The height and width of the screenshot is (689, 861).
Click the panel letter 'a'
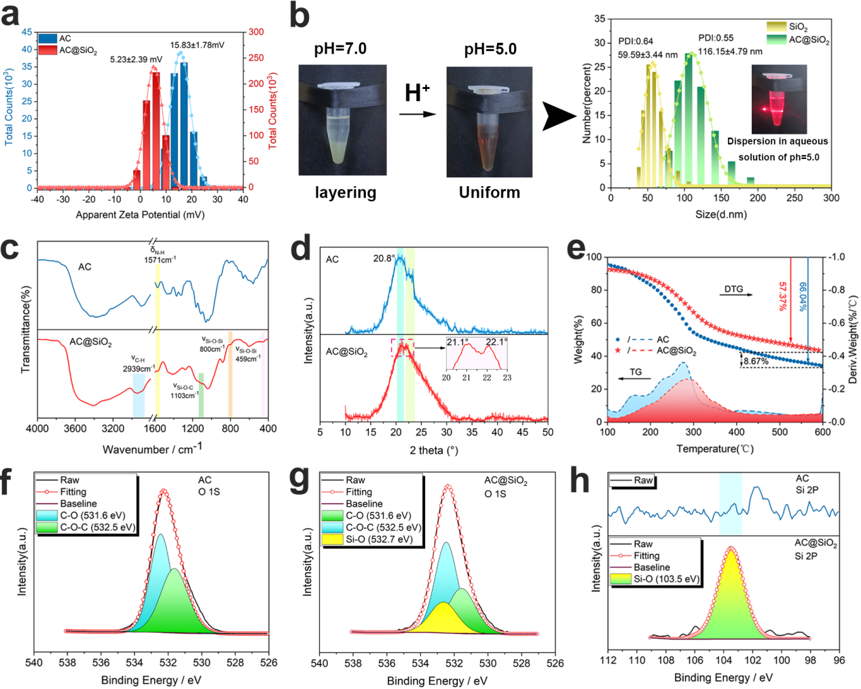[x=11, y=15]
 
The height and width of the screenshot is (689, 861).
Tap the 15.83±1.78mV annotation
[x=197, y=46]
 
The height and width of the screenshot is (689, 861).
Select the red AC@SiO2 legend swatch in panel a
[x=48, y=50]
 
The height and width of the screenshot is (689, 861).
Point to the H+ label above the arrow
[x=416, y=92]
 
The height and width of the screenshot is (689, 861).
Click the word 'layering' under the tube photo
[x=346, y=193]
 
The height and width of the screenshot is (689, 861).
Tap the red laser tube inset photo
[x=779, y=99]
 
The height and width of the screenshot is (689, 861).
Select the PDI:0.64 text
[x=636, y=41]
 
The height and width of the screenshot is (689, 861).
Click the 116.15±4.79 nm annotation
[x=730, y=51]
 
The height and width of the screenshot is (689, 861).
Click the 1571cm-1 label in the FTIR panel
[x=160, y=260]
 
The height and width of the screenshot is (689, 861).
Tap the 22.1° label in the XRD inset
[x=496, y=342]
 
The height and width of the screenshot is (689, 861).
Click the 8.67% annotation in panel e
[x=756, y=361]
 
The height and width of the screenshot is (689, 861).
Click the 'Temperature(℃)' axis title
[x=714, y=449]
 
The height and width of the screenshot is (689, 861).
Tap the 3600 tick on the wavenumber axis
[x=75, y=429]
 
